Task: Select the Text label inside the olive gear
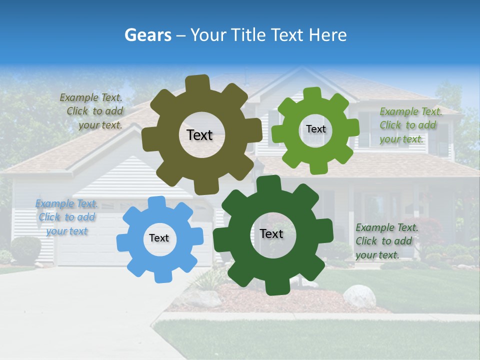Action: click(x=199, y=135)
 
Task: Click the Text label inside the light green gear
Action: click(x=315, y=129)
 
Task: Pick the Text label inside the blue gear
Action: click(x=159, y=238)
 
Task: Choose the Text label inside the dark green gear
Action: click(x=271, y=233)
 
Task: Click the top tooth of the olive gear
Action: click(x=198, y=83)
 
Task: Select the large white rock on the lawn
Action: click(x=359, y=296)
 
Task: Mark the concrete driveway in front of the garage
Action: click(x=75, y=310)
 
